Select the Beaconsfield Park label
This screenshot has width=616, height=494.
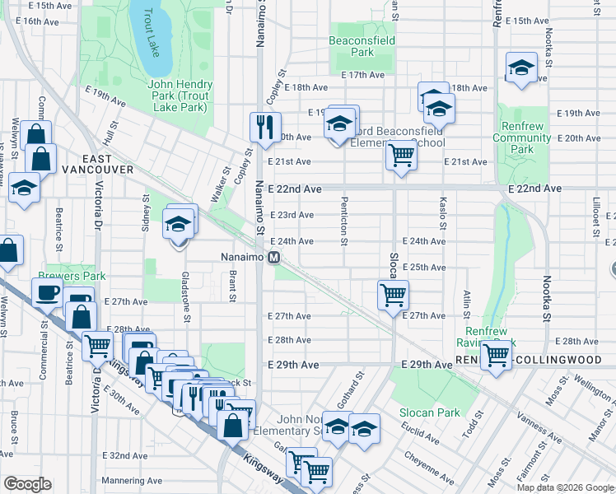362,46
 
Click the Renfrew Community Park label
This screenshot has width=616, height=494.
522,138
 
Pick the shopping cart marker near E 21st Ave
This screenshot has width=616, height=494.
400,154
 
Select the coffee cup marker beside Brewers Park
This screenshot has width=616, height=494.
47,291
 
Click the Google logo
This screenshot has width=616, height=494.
27,484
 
